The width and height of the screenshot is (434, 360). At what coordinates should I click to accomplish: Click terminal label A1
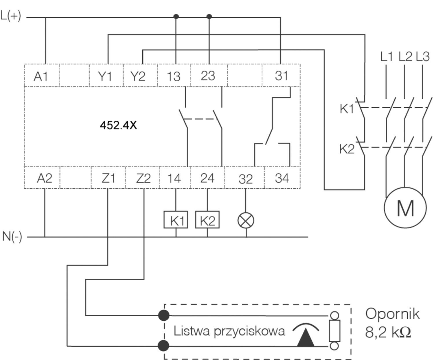41,76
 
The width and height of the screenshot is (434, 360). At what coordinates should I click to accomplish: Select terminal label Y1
105,76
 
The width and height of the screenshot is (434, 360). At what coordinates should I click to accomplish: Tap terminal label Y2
138,76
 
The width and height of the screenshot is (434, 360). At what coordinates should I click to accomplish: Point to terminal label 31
281,76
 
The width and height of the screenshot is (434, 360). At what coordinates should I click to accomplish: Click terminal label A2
44,178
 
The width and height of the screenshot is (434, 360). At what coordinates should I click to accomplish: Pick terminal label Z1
108,178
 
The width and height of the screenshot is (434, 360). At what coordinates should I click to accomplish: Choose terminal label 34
282,178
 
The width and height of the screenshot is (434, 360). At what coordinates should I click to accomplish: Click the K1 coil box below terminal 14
176,220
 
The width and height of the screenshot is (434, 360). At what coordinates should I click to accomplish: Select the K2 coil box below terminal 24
207,220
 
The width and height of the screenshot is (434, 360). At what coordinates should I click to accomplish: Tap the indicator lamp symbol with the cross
246,221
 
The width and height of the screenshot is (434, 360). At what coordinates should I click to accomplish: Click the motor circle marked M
405,207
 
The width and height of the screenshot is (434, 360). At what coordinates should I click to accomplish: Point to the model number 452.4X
118,125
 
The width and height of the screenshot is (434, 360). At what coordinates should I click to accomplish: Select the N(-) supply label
12,236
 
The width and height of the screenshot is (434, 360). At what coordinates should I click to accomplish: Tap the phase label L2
405,56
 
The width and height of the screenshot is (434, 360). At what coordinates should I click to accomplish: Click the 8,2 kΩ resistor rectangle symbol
334,331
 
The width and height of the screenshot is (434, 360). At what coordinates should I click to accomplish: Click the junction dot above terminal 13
176,16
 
